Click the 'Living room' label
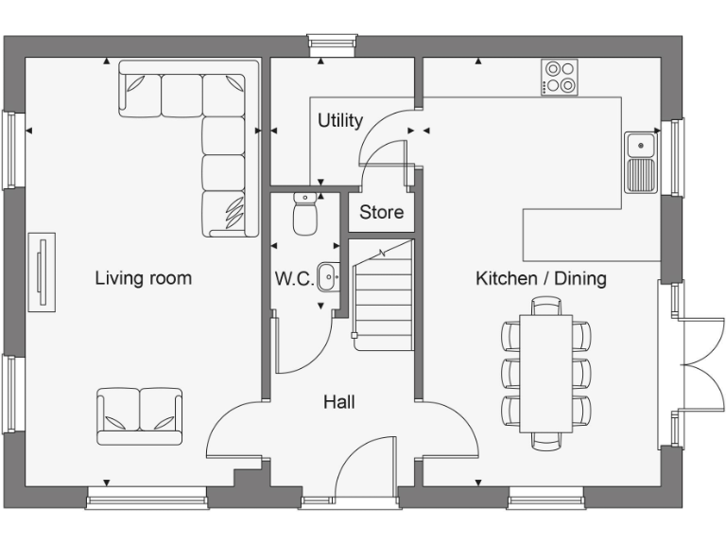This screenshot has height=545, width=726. (143, 278)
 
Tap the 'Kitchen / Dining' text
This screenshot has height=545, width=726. (540, 278)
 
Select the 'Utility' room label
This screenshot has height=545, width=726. (339, 121)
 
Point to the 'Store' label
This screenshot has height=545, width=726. (381, 212)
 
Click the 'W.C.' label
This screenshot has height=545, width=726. (294, 279)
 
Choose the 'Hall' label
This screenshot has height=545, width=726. (339, 402)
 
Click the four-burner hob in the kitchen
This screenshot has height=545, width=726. (560, 78)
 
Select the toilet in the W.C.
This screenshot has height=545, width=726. (304, 214)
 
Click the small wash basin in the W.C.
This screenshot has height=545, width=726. (328, 276)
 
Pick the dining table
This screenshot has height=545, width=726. (546, 372)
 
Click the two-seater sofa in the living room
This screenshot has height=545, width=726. (140, 414)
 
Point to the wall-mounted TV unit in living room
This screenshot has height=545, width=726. (42, 272)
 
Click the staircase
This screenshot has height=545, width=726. (382, 295)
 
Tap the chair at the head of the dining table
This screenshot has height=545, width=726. (546, 305)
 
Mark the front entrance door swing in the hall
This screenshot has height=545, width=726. (363, 468)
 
